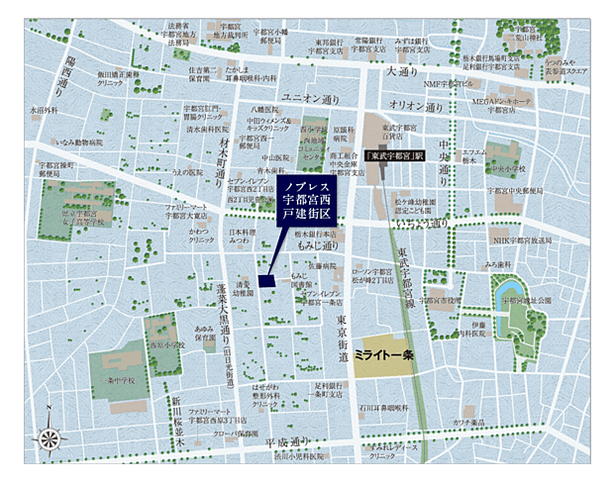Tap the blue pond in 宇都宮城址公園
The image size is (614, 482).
[511, 319]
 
